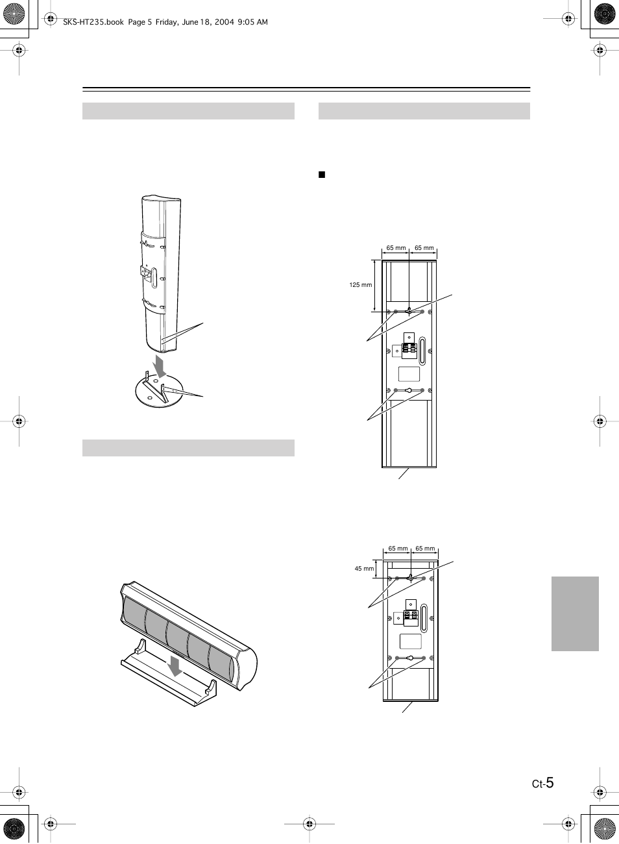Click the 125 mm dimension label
360,285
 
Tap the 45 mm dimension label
364,568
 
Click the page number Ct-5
542,783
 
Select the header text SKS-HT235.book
93,22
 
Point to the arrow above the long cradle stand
175,667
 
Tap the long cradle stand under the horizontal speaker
169,673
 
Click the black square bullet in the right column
322,175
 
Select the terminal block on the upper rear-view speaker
409,351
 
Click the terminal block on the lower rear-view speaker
410,617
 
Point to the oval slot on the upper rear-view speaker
422,351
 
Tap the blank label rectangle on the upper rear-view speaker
409,374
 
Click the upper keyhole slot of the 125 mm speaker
409,312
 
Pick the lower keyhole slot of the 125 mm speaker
409,390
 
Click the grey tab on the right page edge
575,614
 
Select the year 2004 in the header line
225,22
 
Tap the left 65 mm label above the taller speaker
396,248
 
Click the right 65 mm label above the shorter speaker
425,549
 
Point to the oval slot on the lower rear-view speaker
424,617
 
